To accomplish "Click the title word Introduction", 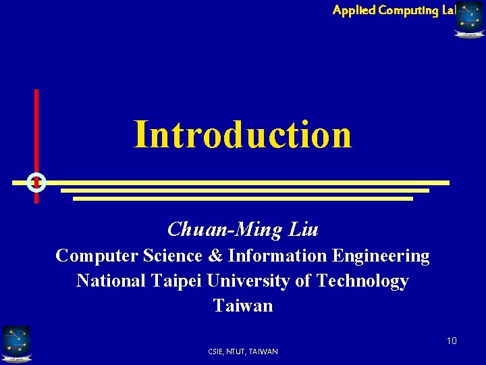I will pyautogui.click(x=242, y=135).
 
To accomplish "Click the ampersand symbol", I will pyautogui.click(x=215, y=255).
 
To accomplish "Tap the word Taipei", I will pyautogui.click(x=179, y=281).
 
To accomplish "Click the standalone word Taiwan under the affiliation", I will pyautogui.click(x=243, y=306).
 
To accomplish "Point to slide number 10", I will pyautogui.click(x=452, y=340).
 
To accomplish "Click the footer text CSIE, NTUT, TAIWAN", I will pyautogui.click(x=243, y=351).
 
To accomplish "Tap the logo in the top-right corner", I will pyautogui.click(x=469, y=19).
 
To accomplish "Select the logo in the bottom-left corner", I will pyautogui.click(x=16, y=344).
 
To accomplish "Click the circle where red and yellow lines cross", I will pyautogui.click(x=36, y=182).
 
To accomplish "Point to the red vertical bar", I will pyautogui.click(x=36, y=128).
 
